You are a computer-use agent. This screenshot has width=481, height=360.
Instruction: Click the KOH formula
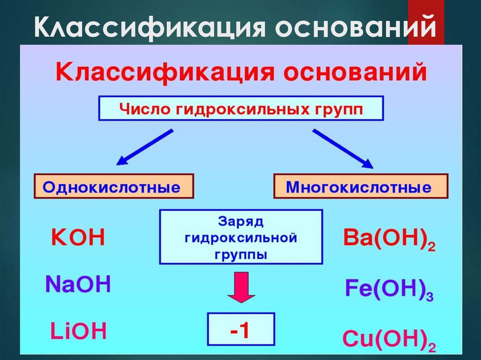coord(77,238)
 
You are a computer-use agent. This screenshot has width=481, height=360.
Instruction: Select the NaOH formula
coord(78,284)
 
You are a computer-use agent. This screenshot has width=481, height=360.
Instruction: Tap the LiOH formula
coord(78,331)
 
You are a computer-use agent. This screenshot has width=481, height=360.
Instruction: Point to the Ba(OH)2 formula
coord(389,239)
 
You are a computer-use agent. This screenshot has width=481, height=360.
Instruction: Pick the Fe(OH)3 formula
coord(389,289)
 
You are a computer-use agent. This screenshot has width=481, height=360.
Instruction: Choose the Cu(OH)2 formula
coord(389,339)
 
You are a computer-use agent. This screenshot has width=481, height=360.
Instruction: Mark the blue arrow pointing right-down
coord(342,148)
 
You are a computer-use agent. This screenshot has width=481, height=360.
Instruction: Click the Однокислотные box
coord(113,187)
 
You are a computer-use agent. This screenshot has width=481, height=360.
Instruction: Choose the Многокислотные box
coord(360,187)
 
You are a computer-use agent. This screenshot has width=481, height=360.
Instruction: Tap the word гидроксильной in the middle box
coord(241,238)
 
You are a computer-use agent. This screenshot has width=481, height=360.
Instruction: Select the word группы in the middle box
coord(241,255)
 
